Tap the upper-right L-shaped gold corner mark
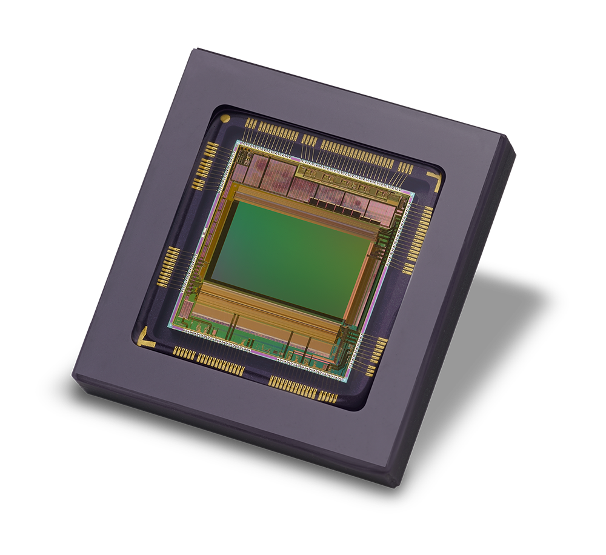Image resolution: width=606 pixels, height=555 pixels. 435,178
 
